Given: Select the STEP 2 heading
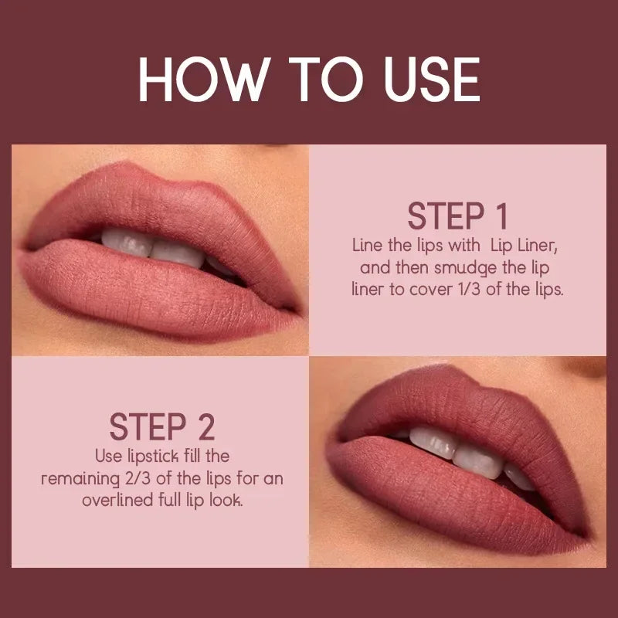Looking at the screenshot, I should click(x=161, y=426).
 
